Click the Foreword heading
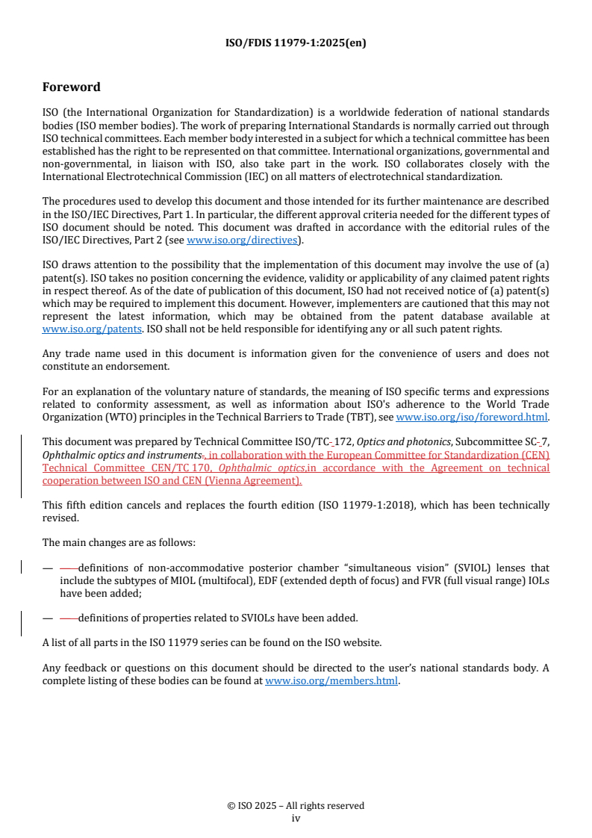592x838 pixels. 72,87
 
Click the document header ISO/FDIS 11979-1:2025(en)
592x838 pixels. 296,43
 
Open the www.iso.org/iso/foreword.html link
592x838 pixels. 472,418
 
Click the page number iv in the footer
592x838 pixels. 296,818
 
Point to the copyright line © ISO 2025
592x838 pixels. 296,806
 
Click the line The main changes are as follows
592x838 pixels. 119,543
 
